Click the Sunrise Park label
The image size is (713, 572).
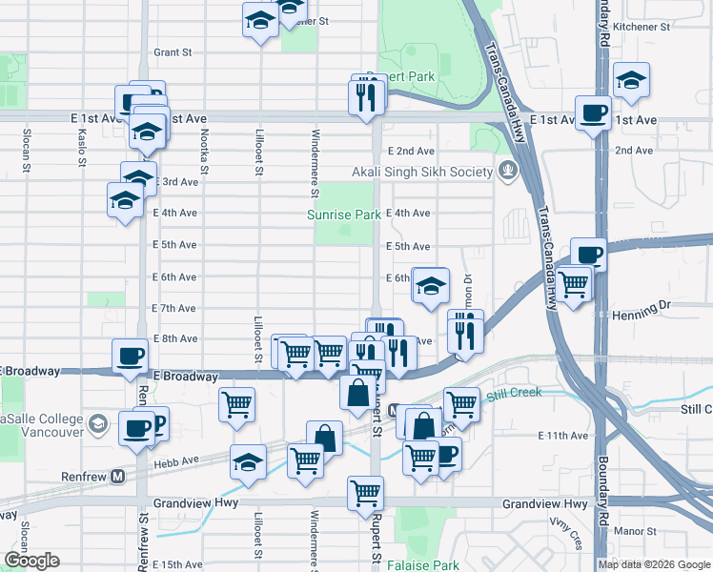(344, 215)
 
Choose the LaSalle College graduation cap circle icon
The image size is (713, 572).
(97, 423)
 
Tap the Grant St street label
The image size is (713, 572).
(173, 52)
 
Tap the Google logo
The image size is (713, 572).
(31, 561)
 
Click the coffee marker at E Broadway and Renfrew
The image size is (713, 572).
(131, 357)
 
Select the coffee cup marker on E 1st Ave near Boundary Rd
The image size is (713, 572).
(593, 112)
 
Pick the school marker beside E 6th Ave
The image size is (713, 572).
(430, 285)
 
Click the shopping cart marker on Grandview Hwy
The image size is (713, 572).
(365, 493)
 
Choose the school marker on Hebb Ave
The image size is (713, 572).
(248, 461)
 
